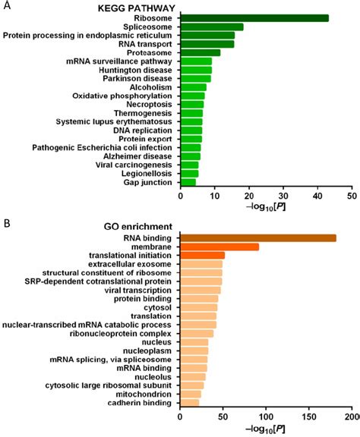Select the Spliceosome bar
(212, 27)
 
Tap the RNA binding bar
(258, 238)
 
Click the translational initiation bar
(202, 256)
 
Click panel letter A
(5, 5)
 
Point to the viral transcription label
(139, 290)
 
